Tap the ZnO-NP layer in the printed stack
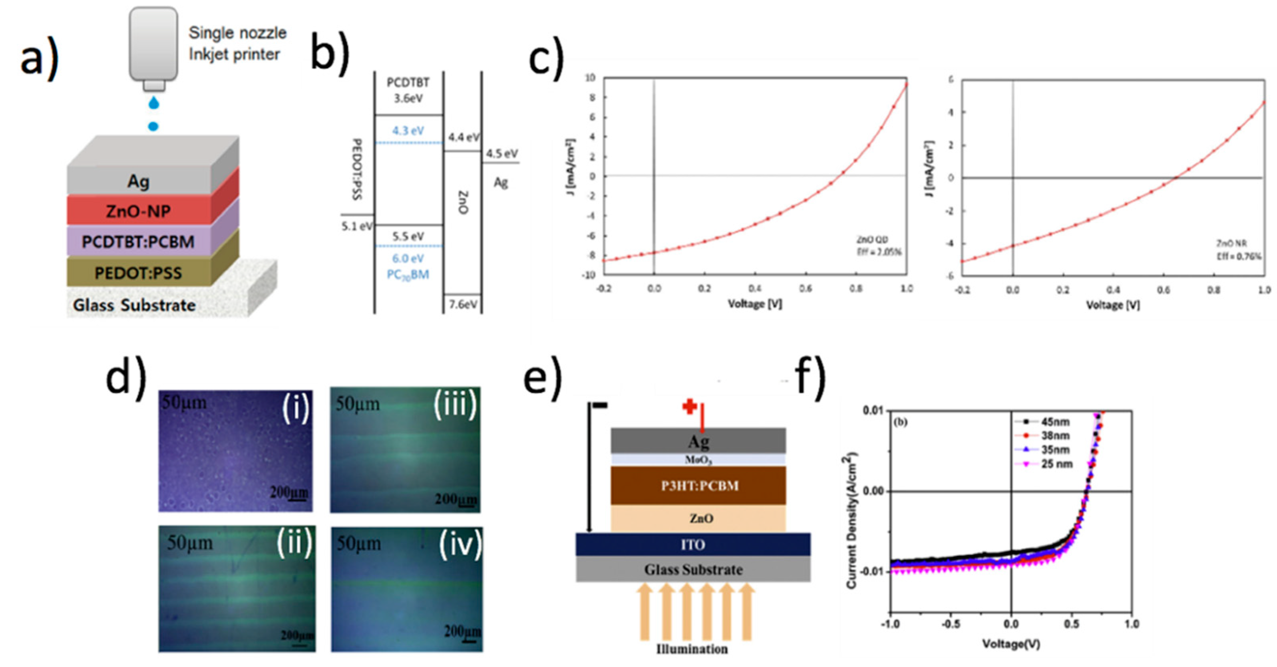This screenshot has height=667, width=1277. pos(138,211)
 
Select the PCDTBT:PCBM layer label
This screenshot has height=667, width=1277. pos(138,242)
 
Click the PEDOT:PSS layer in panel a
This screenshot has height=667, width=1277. pos(138,272)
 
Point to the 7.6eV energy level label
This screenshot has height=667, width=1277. pos(463,304)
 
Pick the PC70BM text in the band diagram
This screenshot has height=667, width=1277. pos(408,274)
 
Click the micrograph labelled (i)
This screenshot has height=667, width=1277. pos(235,451)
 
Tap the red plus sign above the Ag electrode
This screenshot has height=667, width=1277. pos(690,407)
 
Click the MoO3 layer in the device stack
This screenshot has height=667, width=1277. pos(698,460)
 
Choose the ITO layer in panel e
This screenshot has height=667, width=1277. pos(692,545)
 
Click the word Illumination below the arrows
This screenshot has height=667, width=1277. pos(692,649)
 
